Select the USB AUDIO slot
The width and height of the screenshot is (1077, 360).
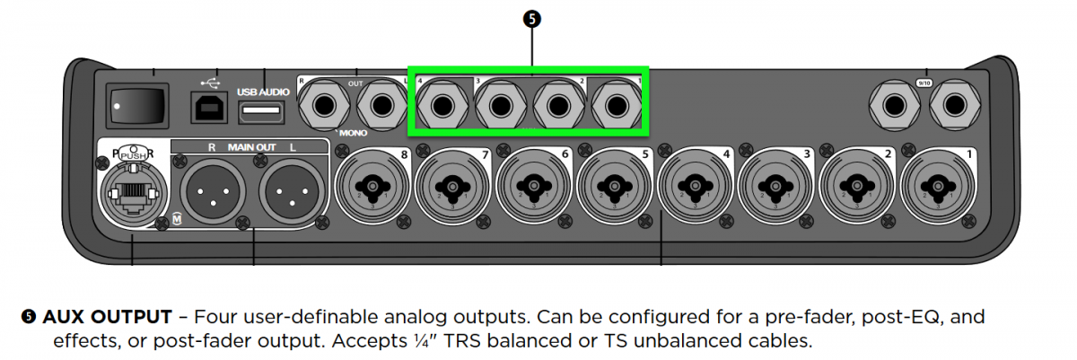(261, 111)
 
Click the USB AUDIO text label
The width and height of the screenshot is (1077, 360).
(261, 92)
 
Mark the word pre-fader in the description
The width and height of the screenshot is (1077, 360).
(801, 317)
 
